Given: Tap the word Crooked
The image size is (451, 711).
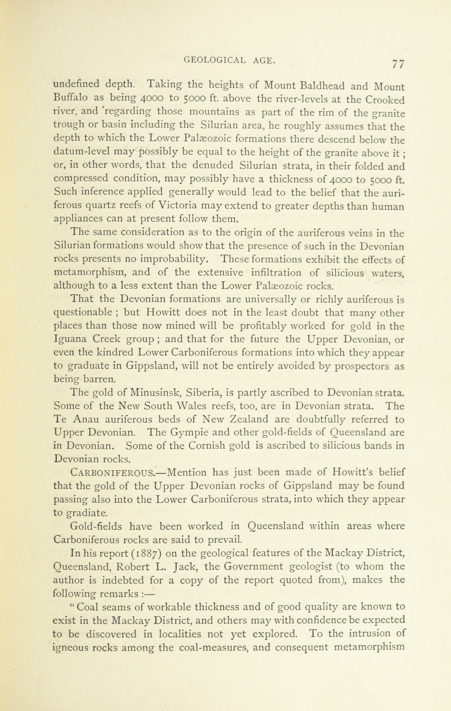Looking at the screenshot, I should pos(385,100).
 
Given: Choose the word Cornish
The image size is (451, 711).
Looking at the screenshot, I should pos(208,446).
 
